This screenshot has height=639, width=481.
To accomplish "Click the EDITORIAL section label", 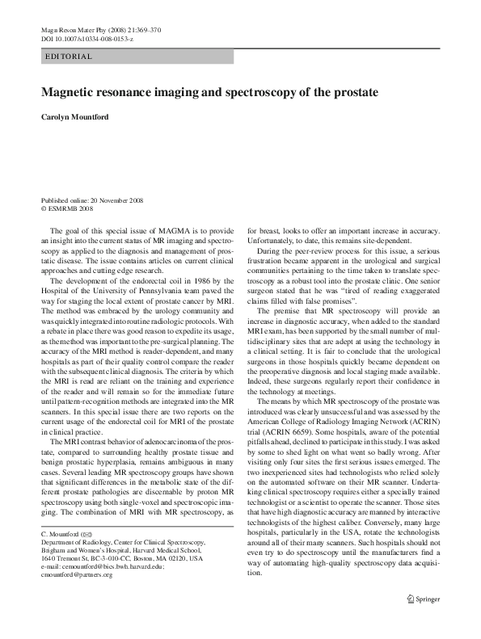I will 70,57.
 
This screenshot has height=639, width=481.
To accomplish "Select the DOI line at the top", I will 86,38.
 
